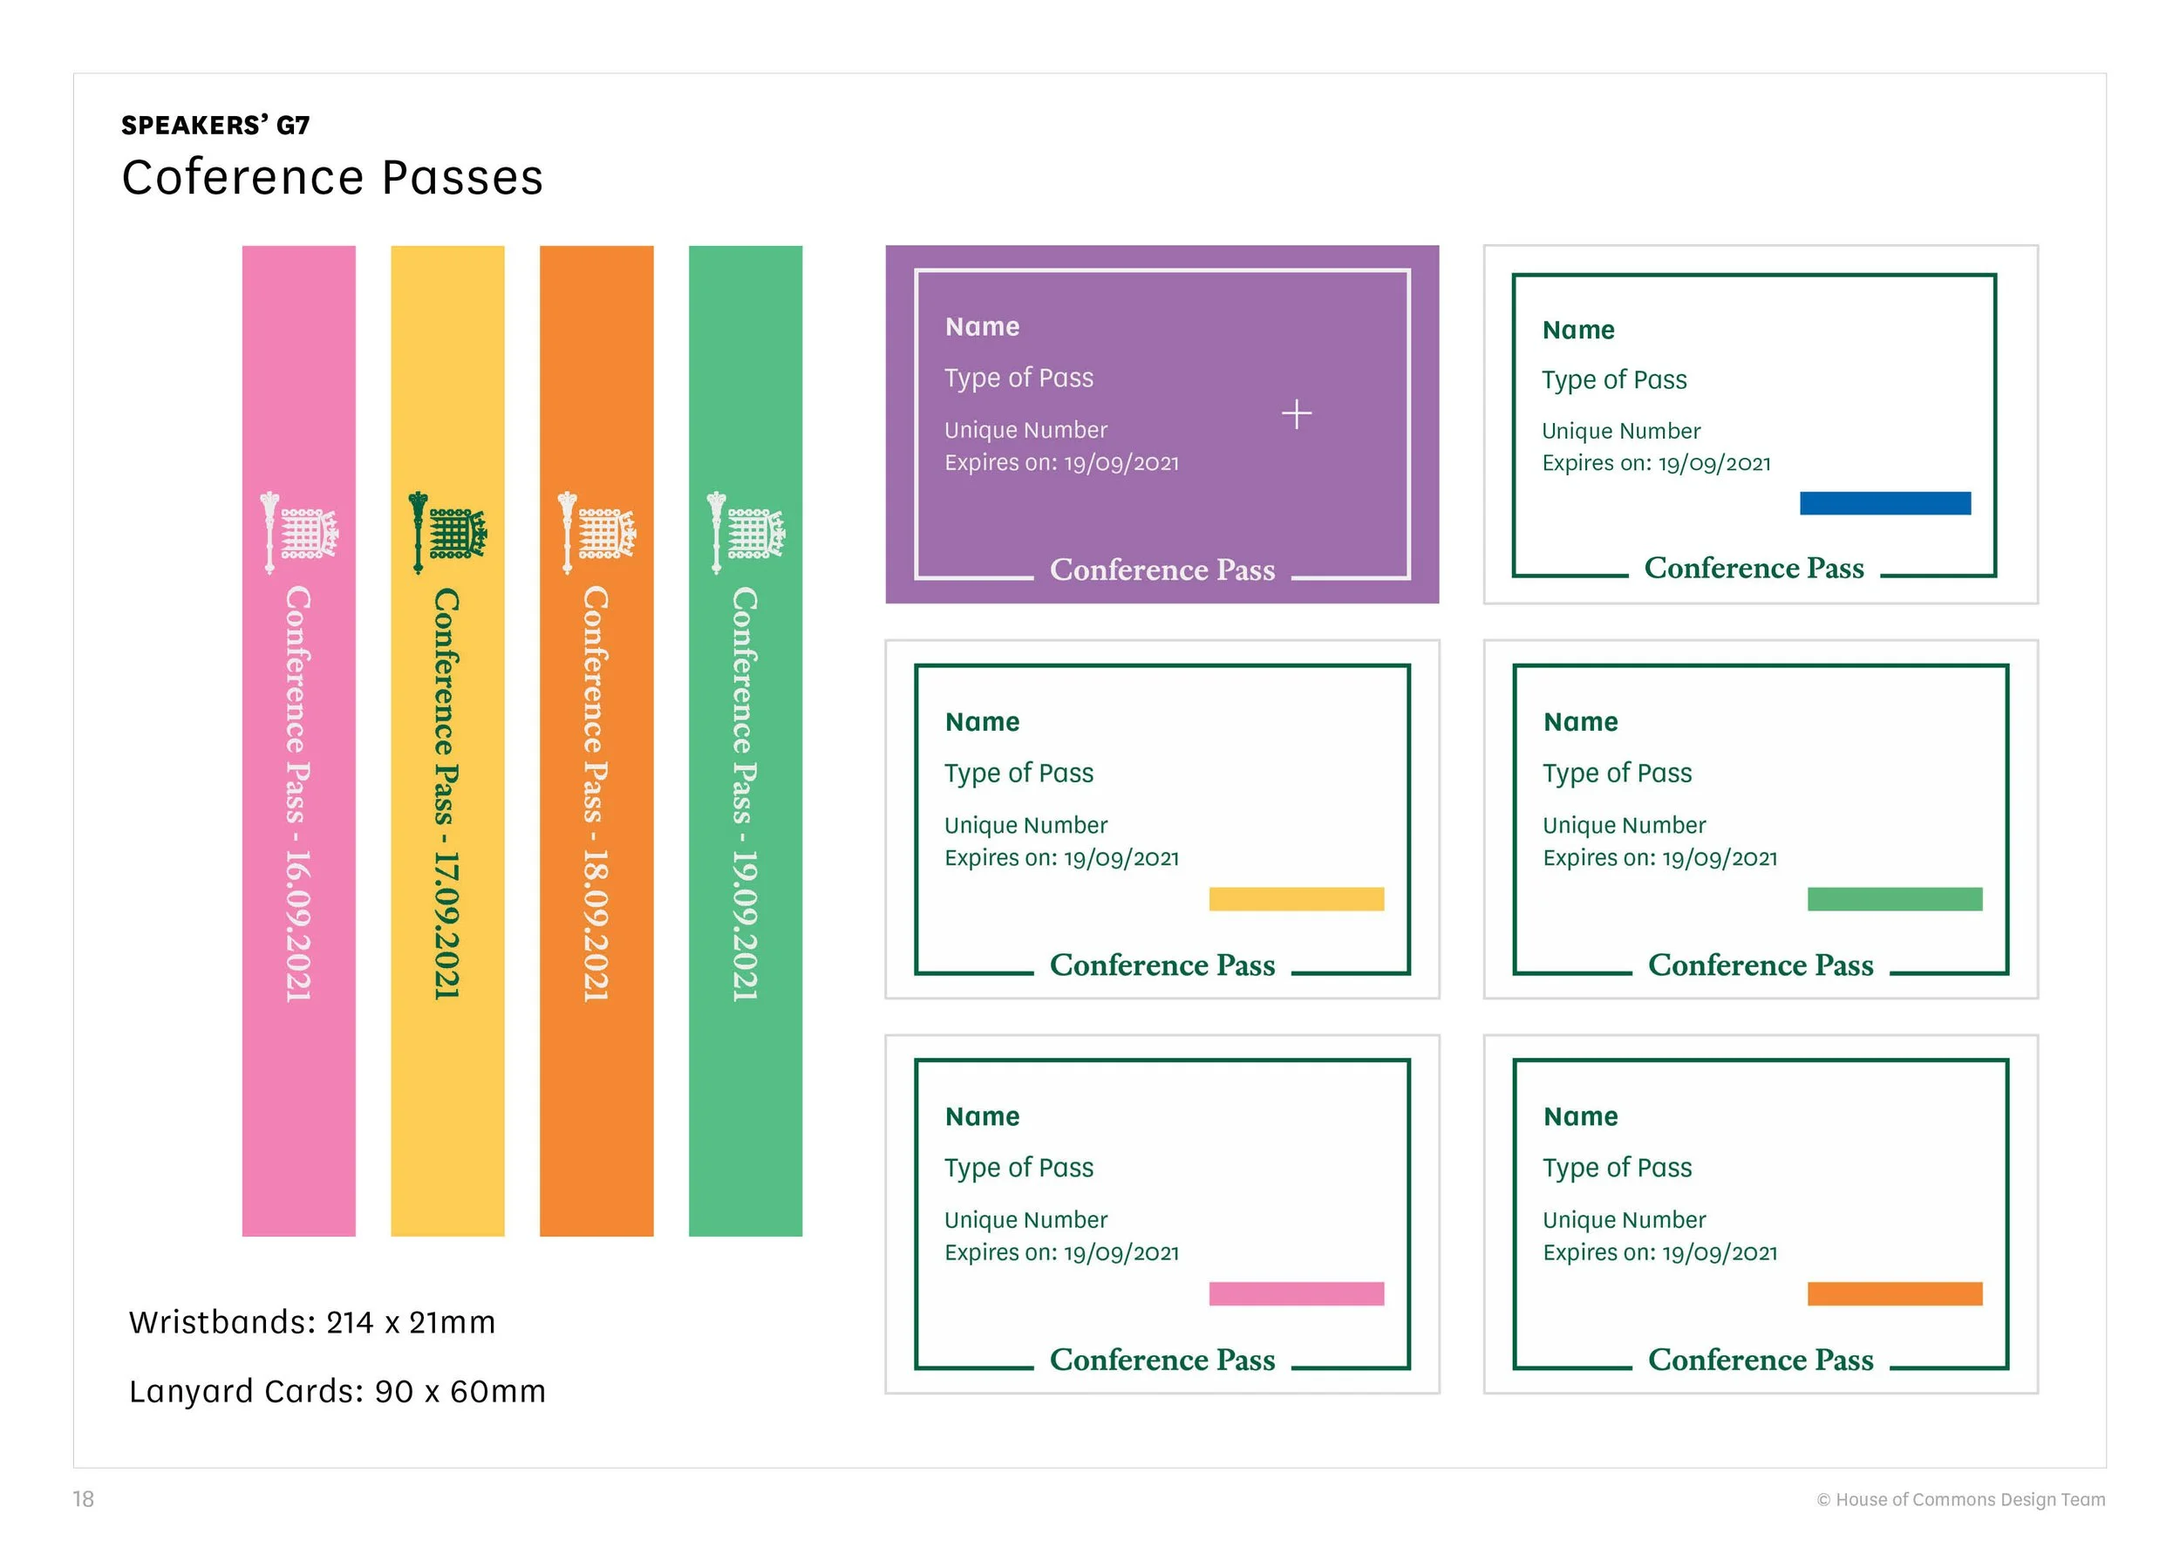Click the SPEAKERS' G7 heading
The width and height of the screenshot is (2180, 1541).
click(x=215, y=126)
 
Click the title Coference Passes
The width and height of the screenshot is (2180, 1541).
click(x=332, y=178)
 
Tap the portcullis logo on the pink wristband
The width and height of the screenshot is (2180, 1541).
click(x=298, y=533)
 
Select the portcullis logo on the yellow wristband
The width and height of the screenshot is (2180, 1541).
click(x=447, y=533)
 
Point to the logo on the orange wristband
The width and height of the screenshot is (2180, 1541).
click(x=596, y=533)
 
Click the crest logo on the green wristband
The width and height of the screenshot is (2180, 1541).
click(x=746, y=533)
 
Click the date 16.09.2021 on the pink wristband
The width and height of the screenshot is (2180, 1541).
click(x=298, y=926)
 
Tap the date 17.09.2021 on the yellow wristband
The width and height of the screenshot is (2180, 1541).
click(x=446, y=926)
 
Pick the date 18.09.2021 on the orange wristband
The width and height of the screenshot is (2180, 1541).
click(x=596, y=926)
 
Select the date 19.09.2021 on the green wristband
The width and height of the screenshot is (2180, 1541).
click(x=745, y=926)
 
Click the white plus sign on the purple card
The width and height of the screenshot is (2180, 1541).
click(x=1297, y=414)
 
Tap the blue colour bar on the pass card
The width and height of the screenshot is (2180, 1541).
click(x=1884, y=503)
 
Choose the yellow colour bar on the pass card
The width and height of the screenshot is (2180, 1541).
click(x=1296, y=899)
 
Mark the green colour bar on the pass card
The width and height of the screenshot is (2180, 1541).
click(x=1895, y=899)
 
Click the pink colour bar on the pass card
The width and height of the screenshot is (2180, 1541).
click(x=1296, y=1293)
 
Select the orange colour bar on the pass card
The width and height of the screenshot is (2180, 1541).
click(x=1895, y=1293)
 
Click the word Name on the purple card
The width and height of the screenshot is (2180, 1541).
click(x=983, y=327)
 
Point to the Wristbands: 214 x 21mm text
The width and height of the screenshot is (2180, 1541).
click(x=312, y=1322)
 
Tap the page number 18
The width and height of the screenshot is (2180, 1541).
click(x=84, y=1499)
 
